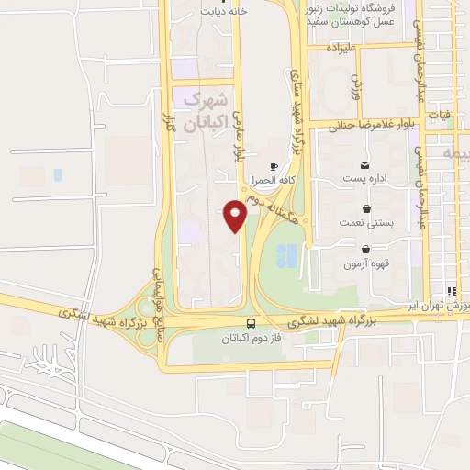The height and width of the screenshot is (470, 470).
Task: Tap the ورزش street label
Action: [356, 87]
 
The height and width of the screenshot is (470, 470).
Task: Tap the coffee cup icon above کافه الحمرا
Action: [273, 167]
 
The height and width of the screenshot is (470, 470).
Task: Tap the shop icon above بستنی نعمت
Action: [366, 209]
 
